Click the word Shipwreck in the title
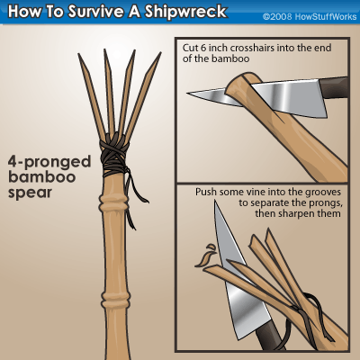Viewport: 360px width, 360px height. (185, 12)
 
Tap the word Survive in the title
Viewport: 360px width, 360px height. (95, 12)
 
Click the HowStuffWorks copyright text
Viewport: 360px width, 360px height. (310, 16)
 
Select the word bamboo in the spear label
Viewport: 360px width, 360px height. (41, 176)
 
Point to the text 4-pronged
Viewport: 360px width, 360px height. (49, 162)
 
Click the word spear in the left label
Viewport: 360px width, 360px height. (30, 193)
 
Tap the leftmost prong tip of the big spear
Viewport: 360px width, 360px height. (78, 54)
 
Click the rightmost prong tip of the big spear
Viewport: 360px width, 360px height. (160, 53)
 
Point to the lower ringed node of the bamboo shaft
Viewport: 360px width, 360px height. (116, 296)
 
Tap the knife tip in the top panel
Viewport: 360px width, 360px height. (187, 93)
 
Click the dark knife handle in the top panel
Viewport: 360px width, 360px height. (334, 87)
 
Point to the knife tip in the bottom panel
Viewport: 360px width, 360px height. (215, 202)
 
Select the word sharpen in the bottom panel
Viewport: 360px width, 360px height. (298, 214)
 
